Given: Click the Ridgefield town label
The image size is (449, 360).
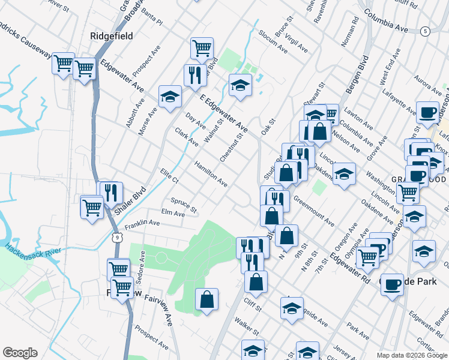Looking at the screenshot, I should [x=111, y=36].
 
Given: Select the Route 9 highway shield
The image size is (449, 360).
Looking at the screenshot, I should [x=119, y=238].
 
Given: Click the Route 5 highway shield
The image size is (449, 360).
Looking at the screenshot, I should [x=425, y=31].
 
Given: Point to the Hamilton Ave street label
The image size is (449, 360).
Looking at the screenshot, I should [x=210, y=173].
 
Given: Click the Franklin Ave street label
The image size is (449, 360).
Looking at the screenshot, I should [x=142, y=223].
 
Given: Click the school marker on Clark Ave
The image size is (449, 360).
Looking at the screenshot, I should [x=170, y=96].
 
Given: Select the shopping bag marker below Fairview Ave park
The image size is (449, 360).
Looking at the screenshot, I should [x=206, y=299].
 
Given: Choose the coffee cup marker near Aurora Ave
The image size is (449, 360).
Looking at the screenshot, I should [x=427, y=112].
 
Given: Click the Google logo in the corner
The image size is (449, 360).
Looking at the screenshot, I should [x=20, y=353].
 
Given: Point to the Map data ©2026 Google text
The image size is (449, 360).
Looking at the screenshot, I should [x=412, y=355].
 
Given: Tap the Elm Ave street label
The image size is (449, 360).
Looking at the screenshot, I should [x=173, y=213].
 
